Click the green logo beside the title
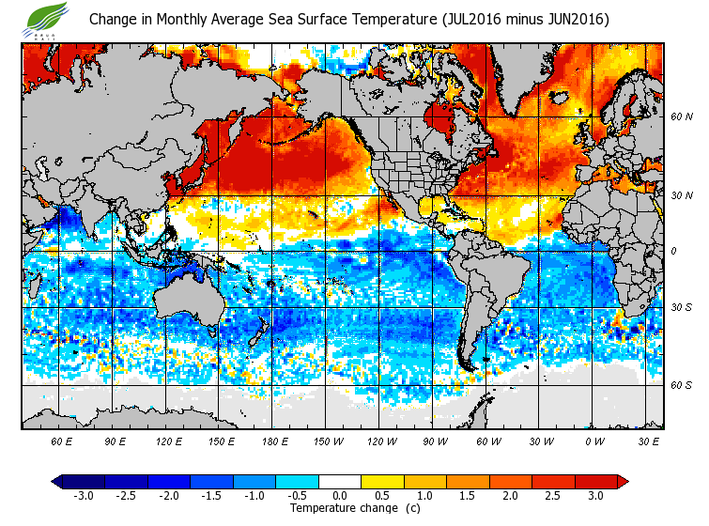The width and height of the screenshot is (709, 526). [47, 17]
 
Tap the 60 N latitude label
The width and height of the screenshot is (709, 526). [682, 117]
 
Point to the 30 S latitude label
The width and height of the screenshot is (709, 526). [682, 308]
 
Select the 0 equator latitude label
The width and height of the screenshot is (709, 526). [673, 251]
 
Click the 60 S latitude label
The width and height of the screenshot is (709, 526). [682, 385]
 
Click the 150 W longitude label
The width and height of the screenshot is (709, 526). [328, 441]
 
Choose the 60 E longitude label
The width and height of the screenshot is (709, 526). [61, 441]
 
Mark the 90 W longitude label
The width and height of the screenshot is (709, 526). [435, 441]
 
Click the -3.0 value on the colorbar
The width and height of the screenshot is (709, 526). [84, 495]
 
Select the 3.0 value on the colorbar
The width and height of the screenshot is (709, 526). [595, 495]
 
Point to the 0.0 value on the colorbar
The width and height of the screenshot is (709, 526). [340, 495]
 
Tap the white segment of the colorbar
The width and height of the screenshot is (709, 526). [340, 481]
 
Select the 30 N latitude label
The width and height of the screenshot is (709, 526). [682, 194]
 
